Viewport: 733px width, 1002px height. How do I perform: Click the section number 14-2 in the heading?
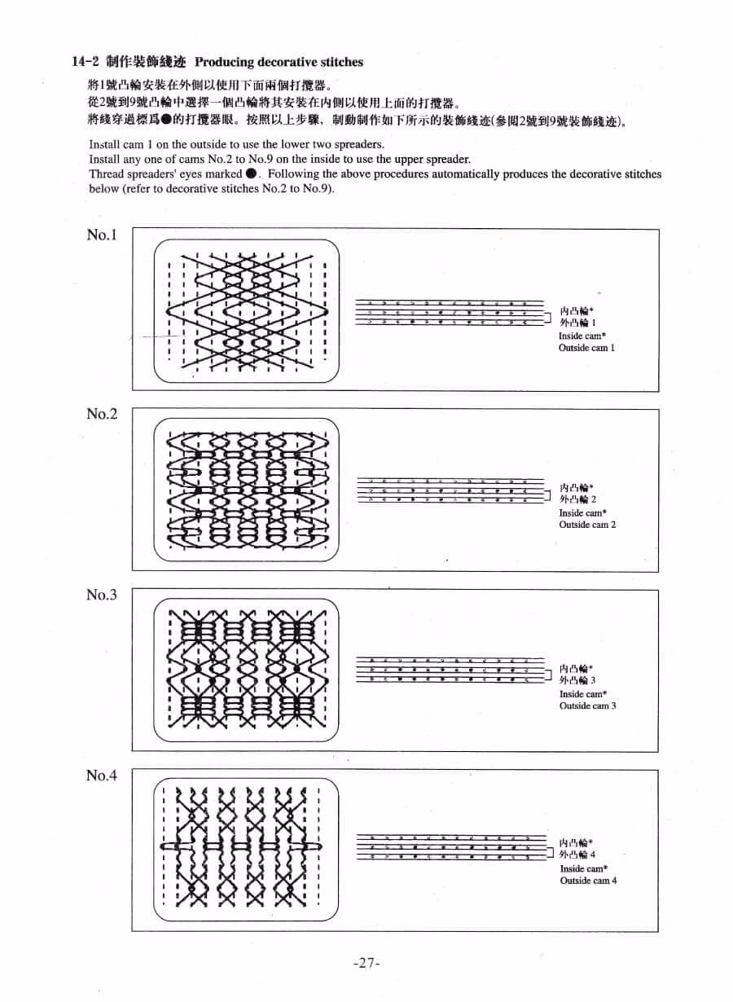[86, 62]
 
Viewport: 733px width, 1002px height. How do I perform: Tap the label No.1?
[102, 235]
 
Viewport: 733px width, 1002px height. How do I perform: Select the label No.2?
[102, 414]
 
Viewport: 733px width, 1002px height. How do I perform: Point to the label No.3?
[102, 595]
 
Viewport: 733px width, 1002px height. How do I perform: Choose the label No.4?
[102, 776]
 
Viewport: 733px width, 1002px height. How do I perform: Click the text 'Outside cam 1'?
[586, 348]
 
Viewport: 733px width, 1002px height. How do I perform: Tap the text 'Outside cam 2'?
[587, 525]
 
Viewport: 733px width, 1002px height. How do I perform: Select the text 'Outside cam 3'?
[587, 705]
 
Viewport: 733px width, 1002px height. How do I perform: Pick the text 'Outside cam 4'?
[588, 881]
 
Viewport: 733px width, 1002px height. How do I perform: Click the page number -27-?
[367, 963]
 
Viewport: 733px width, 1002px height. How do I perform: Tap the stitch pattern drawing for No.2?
[246, 490]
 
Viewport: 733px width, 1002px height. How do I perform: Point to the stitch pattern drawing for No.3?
[246, 670]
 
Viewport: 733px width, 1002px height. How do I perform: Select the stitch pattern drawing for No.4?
[246, 848]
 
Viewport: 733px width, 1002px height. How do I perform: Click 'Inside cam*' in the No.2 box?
[582, 513]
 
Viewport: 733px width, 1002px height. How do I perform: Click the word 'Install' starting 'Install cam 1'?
[103, 144]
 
